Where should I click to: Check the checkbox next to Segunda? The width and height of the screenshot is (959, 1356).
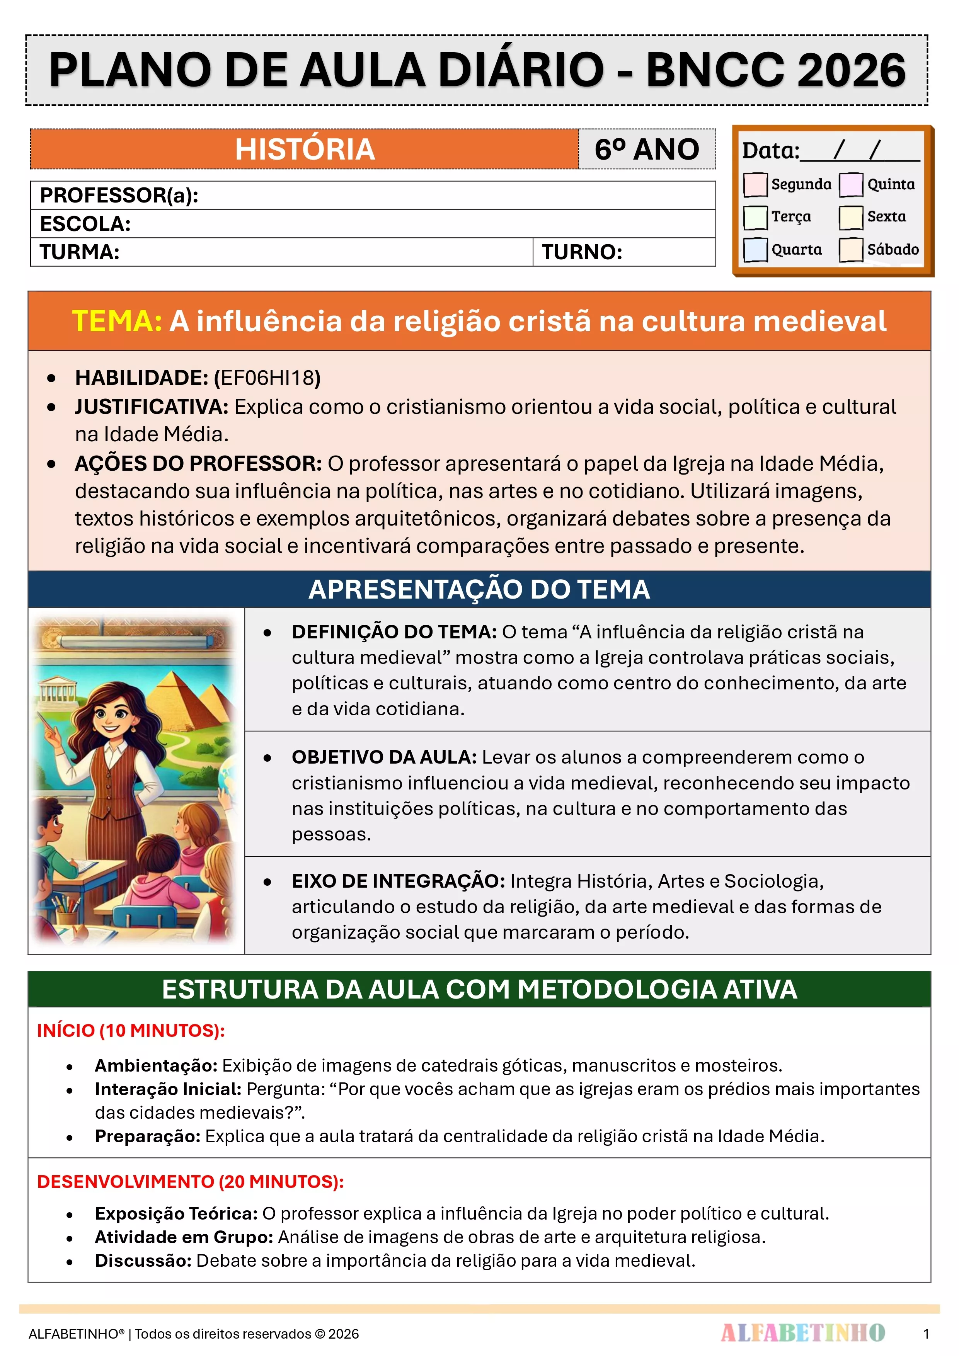tap(755, 184)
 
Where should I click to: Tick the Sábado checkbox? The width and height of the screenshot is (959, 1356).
tap(851, 249)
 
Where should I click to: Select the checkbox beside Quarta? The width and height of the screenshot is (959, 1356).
tap(755, 249)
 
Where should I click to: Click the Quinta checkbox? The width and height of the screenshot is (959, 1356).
tap(851, 184)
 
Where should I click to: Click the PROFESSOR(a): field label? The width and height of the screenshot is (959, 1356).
tap(119, 196)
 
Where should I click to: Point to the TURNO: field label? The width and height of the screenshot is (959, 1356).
tap(582, 252)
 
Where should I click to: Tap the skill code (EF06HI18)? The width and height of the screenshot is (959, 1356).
tap(267, 378)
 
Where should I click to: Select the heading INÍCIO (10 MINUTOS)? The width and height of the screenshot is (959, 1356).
tap(131, 1031)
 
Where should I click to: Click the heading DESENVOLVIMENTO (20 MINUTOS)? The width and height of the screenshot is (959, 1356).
tap(190, 1181)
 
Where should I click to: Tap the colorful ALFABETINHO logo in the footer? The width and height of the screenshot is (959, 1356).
tap(802, 1333)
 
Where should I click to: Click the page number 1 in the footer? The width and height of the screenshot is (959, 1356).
tap(926, 1334)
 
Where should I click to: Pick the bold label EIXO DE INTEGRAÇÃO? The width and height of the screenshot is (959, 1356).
tap(398, 881)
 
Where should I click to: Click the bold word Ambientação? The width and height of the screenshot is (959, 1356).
tap(156, 1065)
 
